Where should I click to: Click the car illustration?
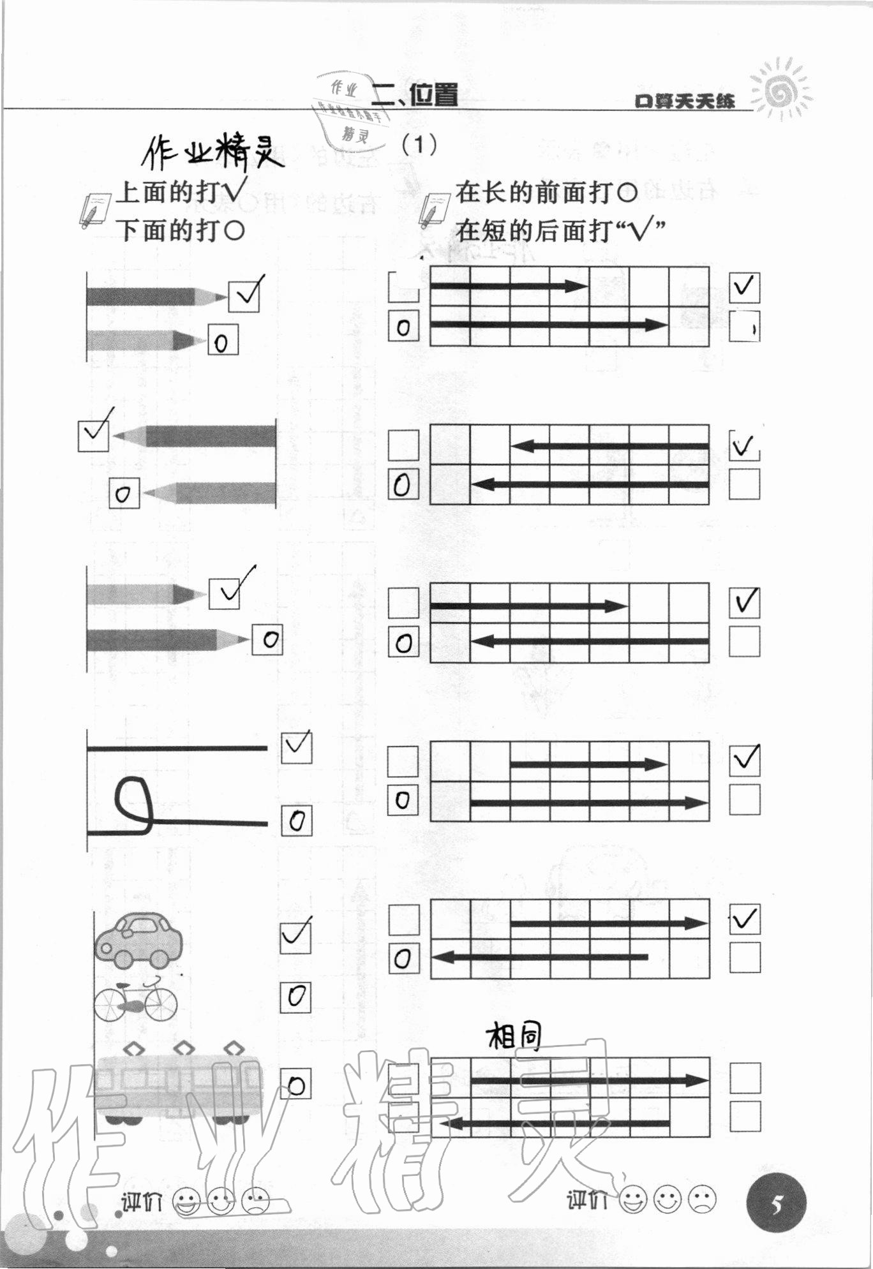click(138, 940)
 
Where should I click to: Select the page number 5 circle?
click(776, 1205)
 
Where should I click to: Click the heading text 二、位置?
click(415, 96)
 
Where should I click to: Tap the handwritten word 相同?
click(514, 1037)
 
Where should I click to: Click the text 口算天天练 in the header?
click(685, 101)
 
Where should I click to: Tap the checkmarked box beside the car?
click(296, 935)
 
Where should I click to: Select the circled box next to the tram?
click(296, 1084)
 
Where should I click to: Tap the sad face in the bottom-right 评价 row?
click(702, 1200)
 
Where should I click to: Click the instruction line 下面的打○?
click(182, 230)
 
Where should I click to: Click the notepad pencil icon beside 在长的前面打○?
click(433, 209)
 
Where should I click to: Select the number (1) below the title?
click(419, 145)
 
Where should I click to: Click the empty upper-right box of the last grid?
click(745, 1078)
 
